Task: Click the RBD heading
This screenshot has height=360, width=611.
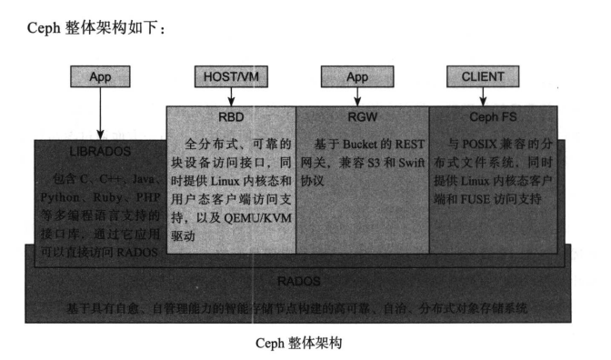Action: click(x=231, y=116)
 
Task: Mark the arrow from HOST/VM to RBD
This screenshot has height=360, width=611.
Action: click(x=230, y=96)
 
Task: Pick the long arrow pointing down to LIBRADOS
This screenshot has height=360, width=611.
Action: click(x=97, y=114)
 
